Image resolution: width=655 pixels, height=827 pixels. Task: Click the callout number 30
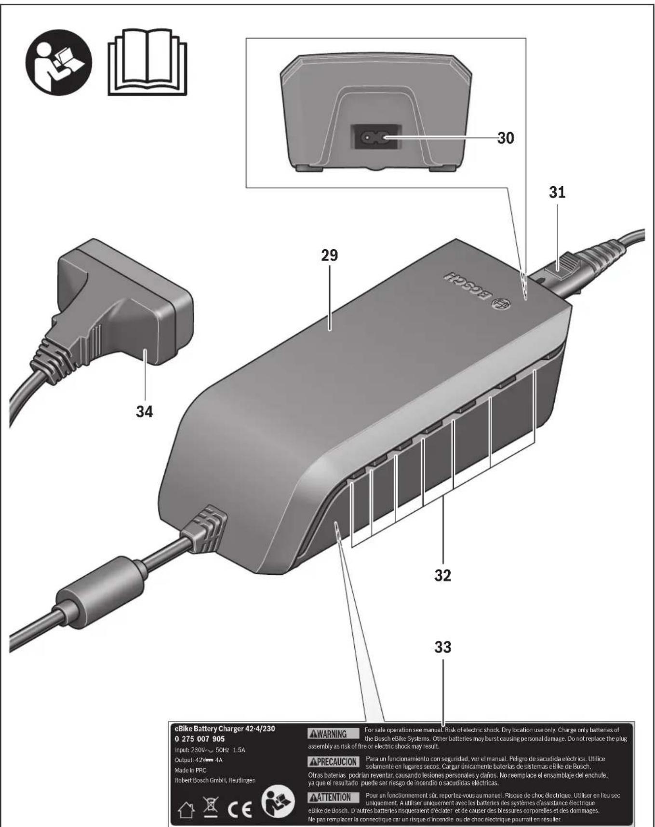505,138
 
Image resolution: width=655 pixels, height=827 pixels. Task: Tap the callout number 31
557,192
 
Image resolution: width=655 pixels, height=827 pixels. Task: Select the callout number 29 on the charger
330,256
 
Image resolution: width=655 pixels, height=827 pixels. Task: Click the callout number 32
442,575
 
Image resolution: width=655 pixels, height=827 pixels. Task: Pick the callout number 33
442,647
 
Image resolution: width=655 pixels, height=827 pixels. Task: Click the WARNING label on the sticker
334,734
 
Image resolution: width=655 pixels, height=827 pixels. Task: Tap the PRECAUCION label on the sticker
334,762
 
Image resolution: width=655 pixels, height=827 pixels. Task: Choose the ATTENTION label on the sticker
334,798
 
